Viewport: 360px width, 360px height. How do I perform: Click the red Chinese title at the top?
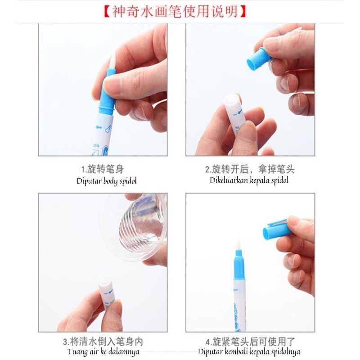pos(175,12)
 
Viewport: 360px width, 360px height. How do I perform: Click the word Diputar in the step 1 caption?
pos(89,181)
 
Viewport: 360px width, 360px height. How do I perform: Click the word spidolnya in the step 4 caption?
pos(285,352)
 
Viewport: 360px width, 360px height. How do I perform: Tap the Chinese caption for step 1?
pos(103,170)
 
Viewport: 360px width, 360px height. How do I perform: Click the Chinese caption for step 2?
pos(250,169)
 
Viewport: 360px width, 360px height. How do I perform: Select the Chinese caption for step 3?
pos(103,342)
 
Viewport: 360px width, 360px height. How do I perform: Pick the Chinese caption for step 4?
pos(250,342)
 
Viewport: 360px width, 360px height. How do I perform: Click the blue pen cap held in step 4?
pos(277,229)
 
